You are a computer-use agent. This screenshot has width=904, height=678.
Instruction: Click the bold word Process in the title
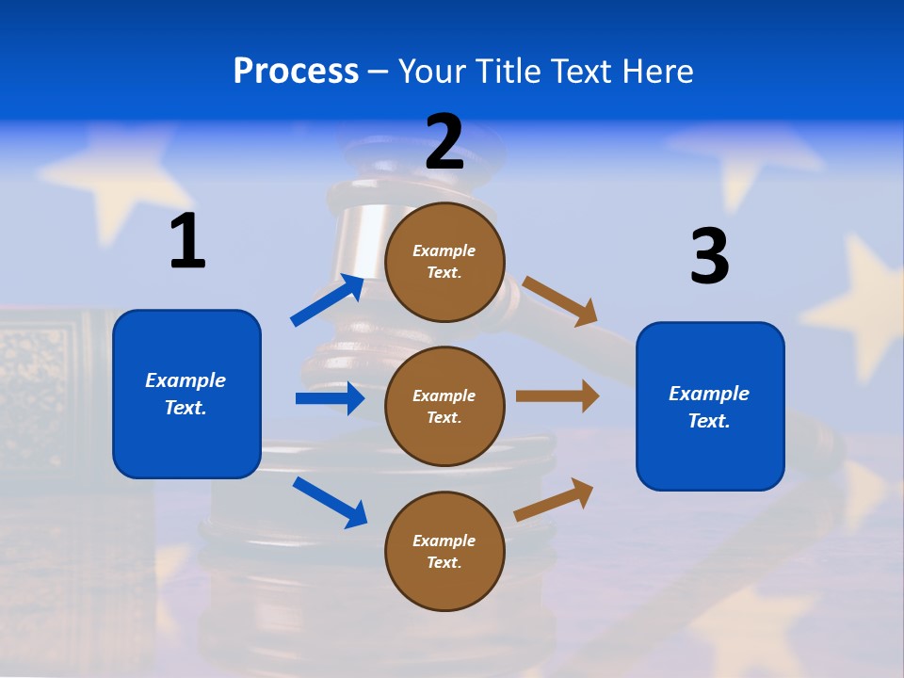click(x=296, y=71)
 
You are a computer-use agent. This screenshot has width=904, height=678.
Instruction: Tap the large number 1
click(x=187, y=242)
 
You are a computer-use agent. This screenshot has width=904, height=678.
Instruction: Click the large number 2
click(x=444, y=142)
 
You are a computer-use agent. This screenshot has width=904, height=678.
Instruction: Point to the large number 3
click(x=709, y=257)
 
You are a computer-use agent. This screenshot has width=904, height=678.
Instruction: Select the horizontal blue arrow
click(x=330, y=398)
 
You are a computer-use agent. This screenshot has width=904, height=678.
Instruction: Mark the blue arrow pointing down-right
click(x=330, y=502)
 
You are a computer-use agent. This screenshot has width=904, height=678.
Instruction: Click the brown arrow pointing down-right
click(x=560, y=300)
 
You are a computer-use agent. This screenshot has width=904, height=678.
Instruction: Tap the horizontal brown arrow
click(x=557, y=395)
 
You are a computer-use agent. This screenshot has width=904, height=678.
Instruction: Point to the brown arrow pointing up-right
click(x=554, y=500)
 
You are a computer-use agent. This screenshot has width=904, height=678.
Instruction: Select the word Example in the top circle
click(x=444, y=250)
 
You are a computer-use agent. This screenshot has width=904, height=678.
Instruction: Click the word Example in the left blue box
click(x=186, y=380)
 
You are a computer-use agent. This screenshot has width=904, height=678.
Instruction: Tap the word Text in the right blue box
click(x=708, y=421)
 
